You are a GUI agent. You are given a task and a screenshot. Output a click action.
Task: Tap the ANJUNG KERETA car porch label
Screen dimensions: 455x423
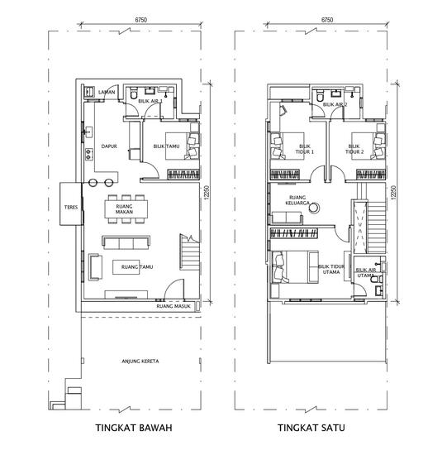(140, 362)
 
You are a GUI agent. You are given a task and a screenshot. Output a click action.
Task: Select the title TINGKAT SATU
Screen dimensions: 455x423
(311, 430)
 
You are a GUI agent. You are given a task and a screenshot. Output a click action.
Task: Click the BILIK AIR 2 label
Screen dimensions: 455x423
(335, 105)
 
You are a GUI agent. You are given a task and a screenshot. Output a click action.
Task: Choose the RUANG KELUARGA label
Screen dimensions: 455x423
(297, 199)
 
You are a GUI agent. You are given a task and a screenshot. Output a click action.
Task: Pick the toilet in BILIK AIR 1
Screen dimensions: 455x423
(133, 96)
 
